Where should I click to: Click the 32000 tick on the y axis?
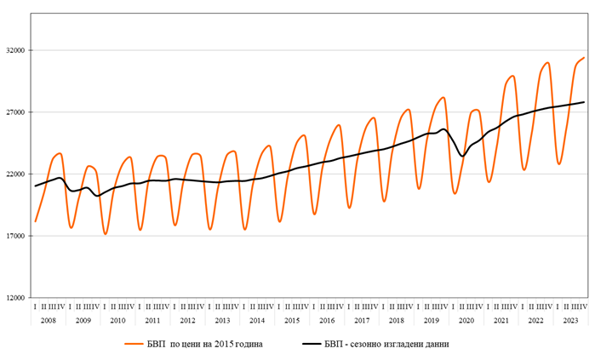pos(14,50)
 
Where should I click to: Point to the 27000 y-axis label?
pos(14,112)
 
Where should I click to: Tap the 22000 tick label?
pos(14,174)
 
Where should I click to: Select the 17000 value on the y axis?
pos(14,236)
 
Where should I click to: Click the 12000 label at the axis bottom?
pos(14,298)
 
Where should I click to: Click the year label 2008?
pos(48,320)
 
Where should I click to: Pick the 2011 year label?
pos(152,320)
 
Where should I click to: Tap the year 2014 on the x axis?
pos(257,320)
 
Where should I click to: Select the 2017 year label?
pos(362,320)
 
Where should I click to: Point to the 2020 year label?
pos(466,320)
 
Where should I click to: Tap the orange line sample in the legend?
pos(134,344)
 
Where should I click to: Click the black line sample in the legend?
pos(314,344)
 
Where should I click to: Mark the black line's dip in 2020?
pos(462,156)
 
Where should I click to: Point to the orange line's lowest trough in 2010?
pos(106,234)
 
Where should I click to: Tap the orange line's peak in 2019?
pos(443,98)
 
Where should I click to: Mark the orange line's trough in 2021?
pos(489,181)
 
